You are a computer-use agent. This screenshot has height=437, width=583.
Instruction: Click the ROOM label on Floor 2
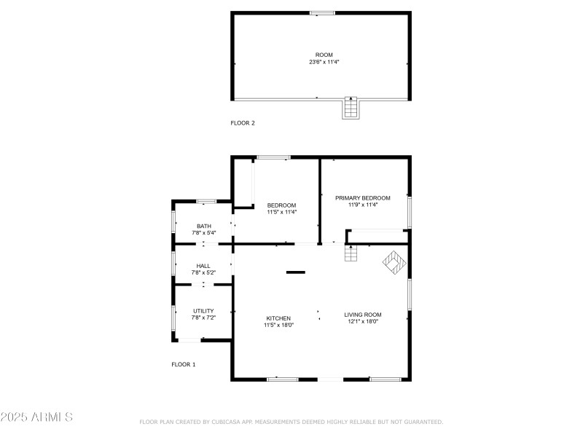coord(324,55)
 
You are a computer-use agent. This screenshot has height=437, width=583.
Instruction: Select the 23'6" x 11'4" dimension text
coord(324,62)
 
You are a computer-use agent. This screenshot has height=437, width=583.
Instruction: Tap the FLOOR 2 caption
coord(243,123)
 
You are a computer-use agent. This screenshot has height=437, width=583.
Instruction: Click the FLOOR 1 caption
coord(183,364)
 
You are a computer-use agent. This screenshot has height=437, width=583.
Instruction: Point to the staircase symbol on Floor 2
coord(351,108)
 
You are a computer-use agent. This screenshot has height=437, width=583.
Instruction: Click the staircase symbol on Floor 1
coord(351,253)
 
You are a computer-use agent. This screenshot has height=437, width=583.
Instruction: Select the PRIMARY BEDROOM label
coord(362,198)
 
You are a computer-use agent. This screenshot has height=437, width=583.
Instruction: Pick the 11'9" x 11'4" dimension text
coord(362,205)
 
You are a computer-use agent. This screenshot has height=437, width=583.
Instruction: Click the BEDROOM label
coord(281,205)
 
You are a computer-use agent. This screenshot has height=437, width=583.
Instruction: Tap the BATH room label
coord(203,227)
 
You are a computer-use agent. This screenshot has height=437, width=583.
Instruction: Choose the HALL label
coord(203,266)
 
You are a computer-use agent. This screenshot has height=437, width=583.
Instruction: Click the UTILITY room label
coord(203,311)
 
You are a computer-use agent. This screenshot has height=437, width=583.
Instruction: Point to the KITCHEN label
coord(278,318)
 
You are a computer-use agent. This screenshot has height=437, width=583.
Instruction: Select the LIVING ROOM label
coord(363,315)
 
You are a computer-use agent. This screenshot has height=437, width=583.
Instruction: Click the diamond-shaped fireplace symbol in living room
coord(395,262)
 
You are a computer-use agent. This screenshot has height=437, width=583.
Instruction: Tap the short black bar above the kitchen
coord(295,272)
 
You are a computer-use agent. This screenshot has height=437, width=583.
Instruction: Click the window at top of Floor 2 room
coord(322,12)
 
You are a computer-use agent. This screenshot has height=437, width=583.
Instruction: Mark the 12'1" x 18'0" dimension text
coord(363,322)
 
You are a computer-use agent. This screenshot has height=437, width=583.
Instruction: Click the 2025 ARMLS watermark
coord(36,417)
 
